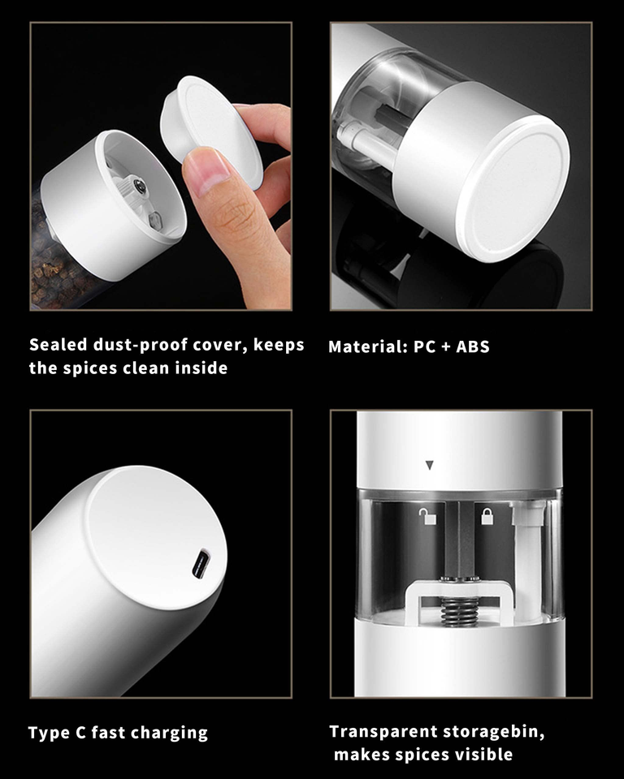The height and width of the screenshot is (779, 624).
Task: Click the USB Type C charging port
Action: (x=201, y=564)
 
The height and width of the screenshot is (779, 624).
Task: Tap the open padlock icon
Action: (x=427, y=517)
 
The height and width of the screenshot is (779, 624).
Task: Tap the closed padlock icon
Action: (x=487, y=516)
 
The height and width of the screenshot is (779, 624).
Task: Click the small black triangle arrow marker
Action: (x=430, y=466)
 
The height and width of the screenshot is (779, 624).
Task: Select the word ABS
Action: (x=473, y=346)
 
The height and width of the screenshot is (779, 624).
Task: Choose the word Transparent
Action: (x=383, y=732)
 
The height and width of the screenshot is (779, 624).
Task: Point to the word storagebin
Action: (x=494, y=732)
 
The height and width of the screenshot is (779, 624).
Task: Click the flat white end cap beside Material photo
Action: (x=513, y=188)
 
